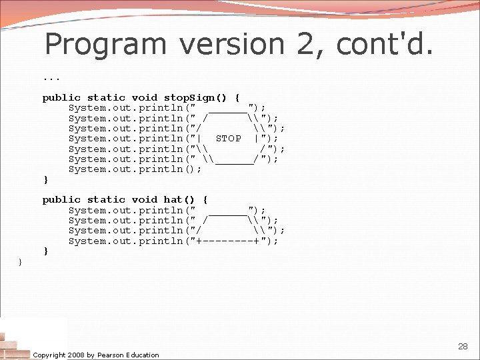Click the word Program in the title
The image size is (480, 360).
(x=105, y=45)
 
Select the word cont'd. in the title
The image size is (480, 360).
(x=385, y=45)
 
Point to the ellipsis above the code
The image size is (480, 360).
(x=51, y=77)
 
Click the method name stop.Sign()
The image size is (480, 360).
(x=195, y=97)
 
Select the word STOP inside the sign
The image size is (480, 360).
(x=229, y=139)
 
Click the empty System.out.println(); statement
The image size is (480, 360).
(x=135, y=169)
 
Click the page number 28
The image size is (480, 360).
(x=463, y=347)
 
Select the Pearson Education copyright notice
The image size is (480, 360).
(x=96, y=355)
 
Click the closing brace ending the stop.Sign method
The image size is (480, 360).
(x=45, y=180)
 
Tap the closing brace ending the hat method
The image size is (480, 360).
(x=45, y=251)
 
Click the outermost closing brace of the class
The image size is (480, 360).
(x=20, y=262)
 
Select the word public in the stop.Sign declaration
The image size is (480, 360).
(x=61, y=97)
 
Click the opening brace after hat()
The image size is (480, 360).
(x=205, y=199)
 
